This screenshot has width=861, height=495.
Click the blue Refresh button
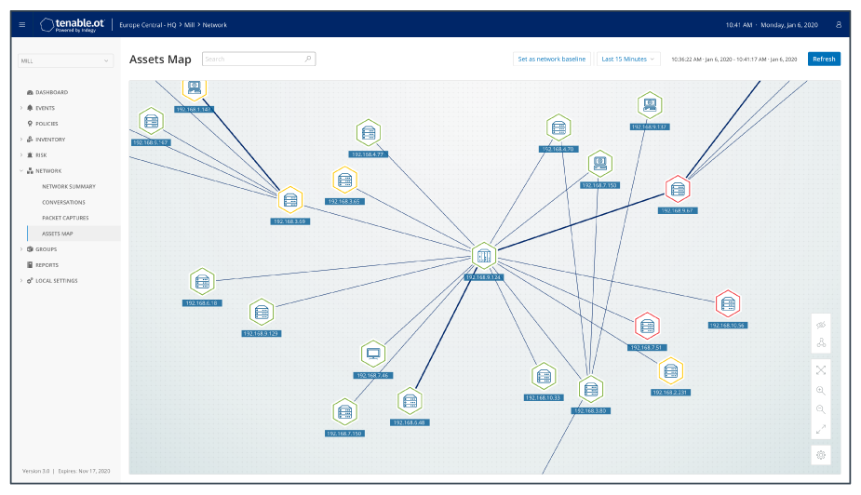pos(824,59)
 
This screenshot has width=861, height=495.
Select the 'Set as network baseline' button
pos(552,59)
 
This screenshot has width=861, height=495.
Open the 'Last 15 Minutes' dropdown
pos(628,59)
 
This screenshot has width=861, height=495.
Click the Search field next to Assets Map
pos(258,59)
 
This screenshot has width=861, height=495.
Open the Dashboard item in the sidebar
pos(52,92)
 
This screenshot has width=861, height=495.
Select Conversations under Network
pos(63,202)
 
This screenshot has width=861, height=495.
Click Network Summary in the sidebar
pos(69,186)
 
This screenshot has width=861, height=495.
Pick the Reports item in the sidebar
pos(47,265)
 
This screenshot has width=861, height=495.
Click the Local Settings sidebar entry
pos(57,281)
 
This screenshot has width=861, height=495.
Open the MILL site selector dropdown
pos(65,61)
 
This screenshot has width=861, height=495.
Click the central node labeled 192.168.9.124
pos(483,256)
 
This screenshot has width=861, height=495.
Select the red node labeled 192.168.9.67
pos(678,189)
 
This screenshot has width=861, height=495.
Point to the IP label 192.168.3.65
pos(343,201)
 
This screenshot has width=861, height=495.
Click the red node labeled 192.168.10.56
pos(727,303)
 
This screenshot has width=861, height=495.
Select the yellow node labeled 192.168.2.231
pos(670,370)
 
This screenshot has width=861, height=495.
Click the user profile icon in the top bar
pos(839,24)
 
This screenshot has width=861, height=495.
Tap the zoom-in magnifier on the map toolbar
pos(821,391)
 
